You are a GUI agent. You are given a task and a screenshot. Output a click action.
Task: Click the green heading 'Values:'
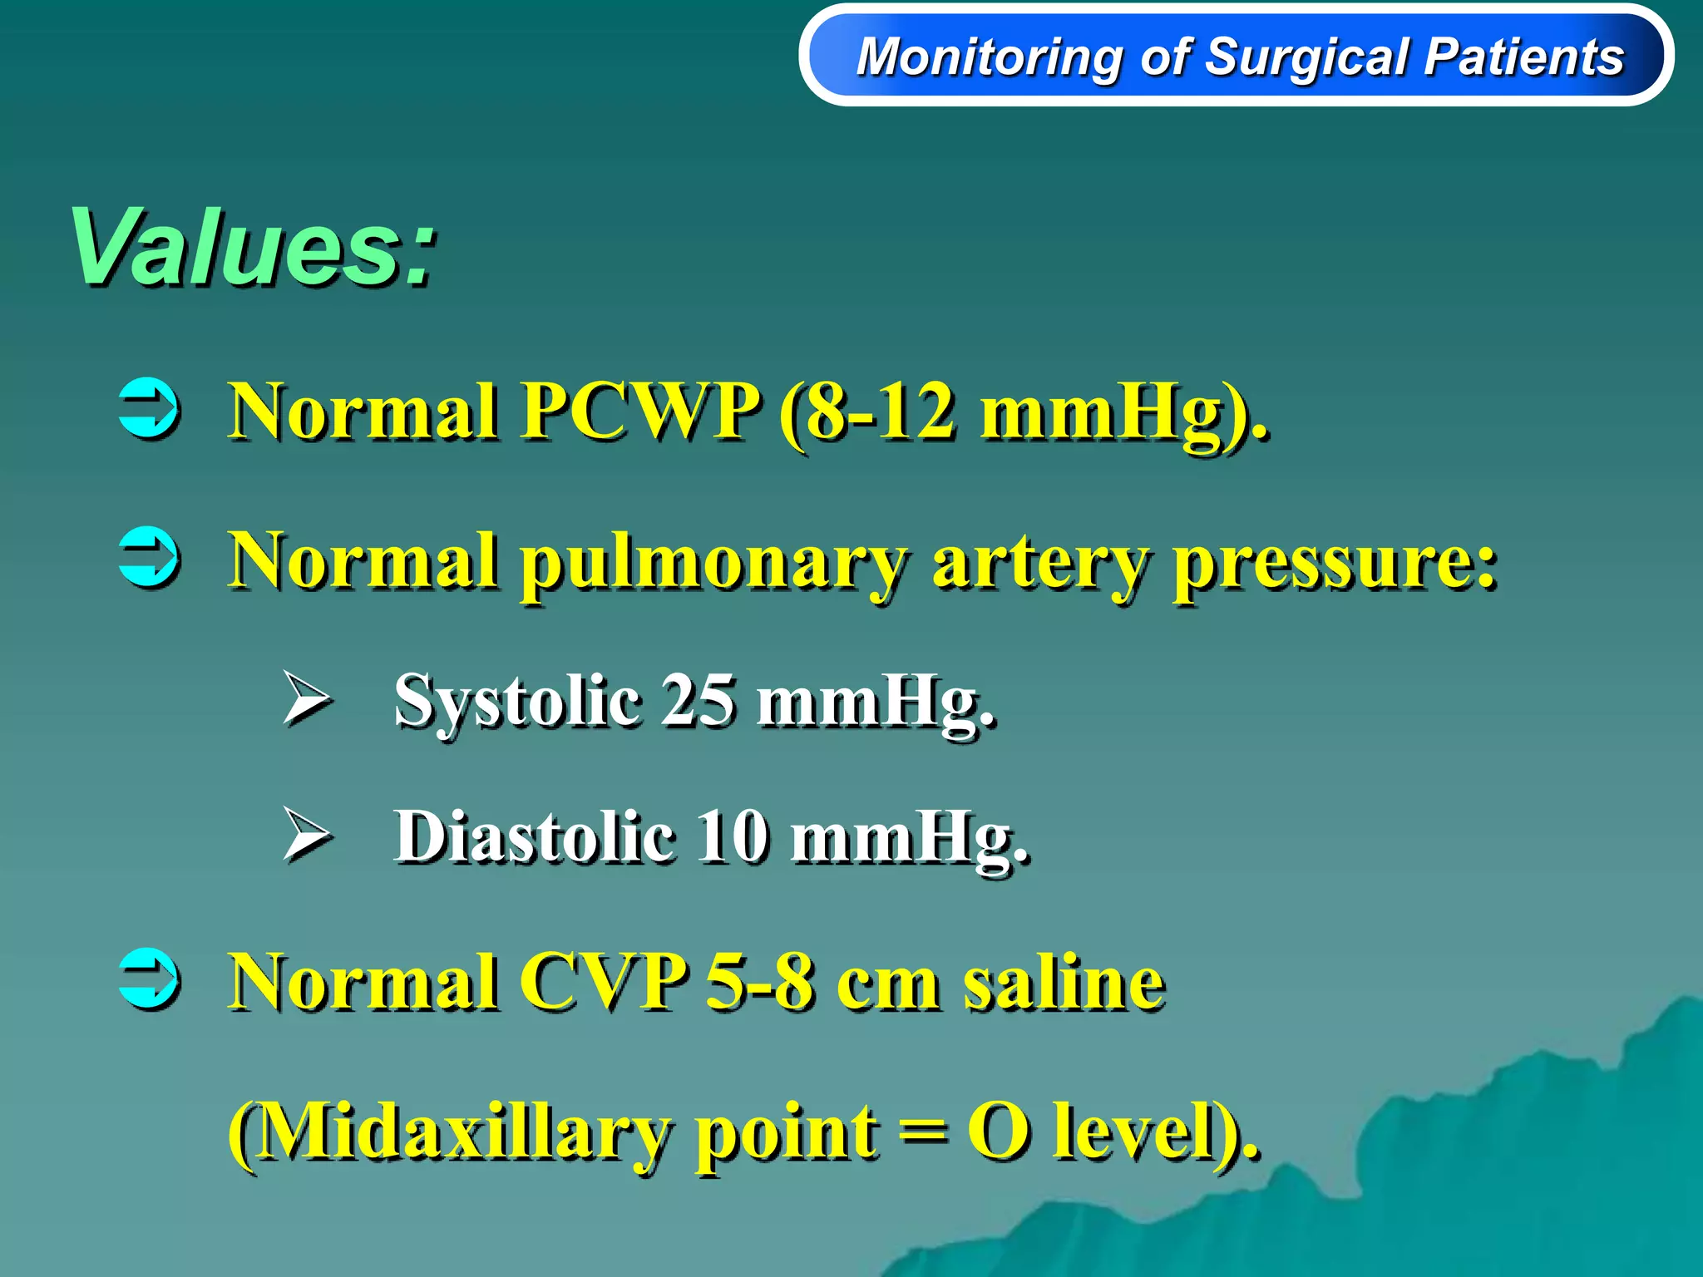(254, 248)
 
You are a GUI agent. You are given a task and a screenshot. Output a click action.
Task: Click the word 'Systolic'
(516, 701)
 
